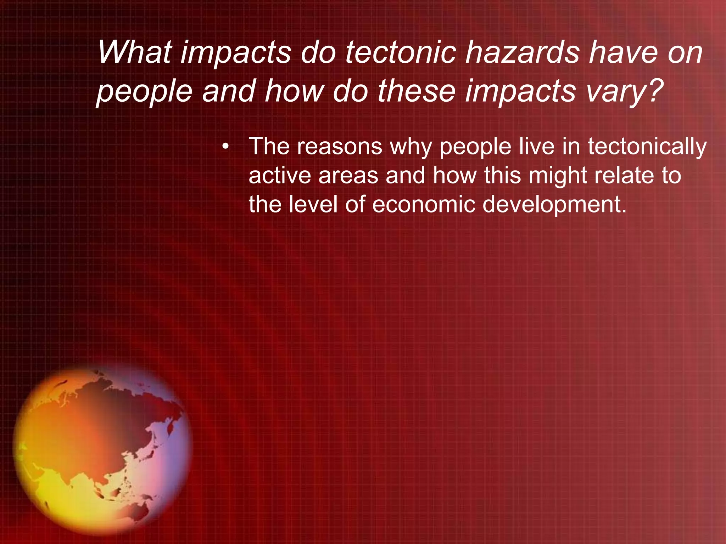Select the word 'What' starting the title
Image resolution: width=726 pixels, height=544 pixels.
pyautogui.click(x=134, y=53)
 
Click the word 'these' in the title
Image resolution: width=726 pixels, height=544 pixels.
pyautogui.click(x=416, y=91)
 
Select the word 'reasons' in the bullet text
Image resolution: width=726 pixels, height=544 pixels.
pyautogui.click(x=340, y=146)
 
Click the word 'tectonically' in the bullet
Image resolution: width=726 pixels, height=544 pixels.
pyautogui.click(x=647, y=147)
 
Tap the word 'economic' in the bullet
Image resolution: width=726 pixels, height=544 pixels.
pyautogui.click(x=424, y=205)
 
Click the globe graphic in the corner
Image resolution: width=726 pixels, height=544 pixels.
pyautogui.click(x=103, y=450)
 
